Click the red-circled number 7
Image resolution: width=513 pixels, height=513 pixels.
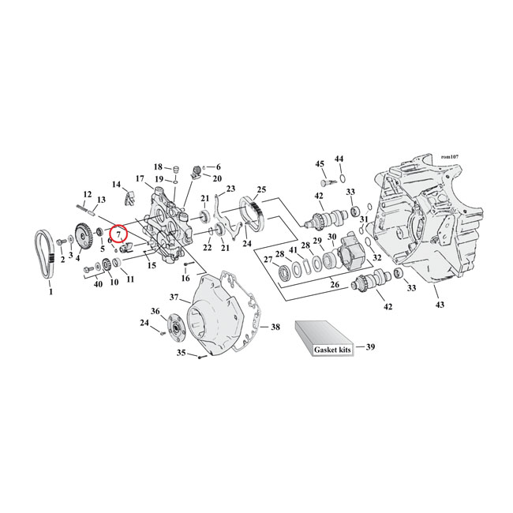coord(118,234)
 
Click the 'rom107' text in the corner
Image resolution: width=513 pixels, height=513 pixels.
coord(451,159)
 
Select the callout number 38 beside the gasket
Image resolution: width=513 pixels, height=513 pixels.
coord(275,326)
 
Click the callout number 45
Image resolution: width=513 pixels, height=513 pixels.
coord(320,163)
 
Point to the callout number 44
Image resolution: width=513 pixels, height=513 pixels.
coord(339,159)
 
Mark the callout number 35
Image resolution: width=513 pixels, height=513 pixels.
coord(181,353)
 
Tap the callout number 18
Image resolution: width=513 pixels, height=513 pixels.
coord(158,167)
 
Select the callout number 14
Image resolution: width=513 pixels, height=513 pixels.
coord(117,185)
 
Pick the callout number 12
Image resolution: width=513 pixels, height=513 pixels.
coord(87,194)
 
